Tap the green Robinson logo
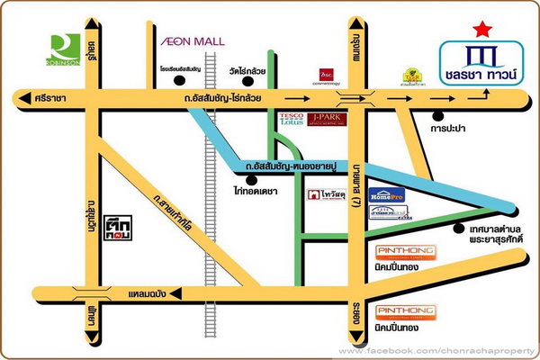[x=65, y=49]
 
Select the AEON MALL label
[x=193, y=41]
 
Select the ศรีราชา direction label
[x=35, y=100]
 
